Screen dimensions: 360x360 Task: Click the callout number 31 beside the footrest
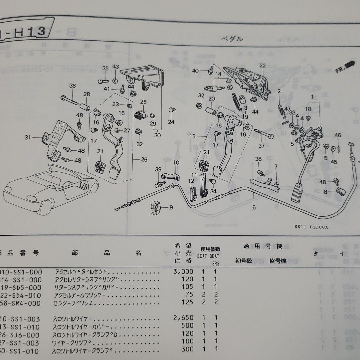tap(27, 137)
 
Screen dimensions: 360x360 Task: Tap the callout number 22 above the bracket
tap(263, 65)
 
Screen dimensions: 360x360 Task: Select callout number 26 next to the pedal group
tap(144, 160)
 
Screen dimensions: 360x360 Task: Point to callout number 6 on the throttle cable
tap(254, 207)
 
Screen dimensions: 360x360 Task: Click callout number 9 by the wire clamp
tap(171, 207)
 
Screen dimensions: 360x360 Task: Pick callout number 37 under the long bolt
tap(261, 146)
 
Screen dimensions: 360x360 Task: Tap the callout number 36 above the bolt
tap(72, 86)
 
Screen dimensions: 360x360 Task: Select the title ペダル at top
tap(232, 39)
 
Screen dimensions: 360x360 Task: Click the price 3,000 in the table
tap(183, 272)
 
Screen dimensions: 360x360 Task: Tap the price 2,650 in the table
tap(183, 319)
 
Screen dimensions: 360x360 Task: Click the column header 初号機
tap(244, 261)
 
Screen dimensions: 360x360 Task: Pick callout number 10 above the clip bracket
tap(176, 163)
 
